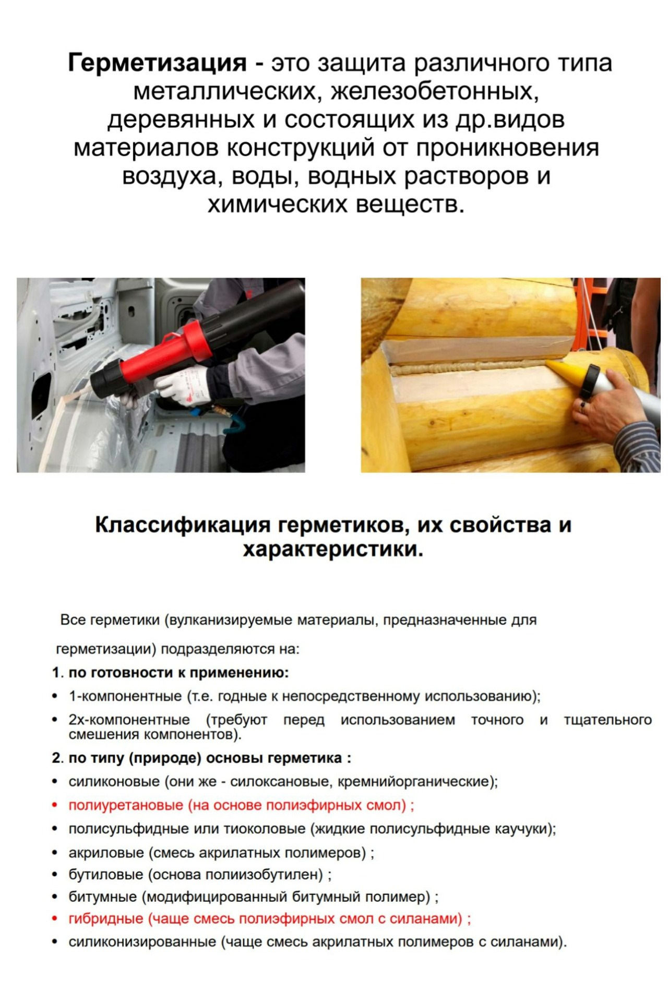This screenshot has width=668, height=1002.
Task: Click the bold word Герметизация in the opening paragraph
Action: point(157,64)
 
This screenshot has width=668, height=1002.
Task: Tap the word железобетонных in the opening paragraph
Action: point(436,92)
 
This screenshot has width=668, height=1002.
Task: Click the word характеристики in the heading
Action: point(333,550)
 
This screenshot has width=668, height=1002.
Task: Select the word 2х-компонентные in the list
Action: point(129,720)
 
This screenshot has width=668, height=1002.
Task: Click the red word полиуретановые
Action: point(126,805)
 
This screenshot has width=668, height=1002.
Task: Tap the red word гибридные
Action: point(106,919)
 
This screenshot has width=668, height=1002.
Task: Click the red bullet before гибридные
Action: point(55,919)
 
